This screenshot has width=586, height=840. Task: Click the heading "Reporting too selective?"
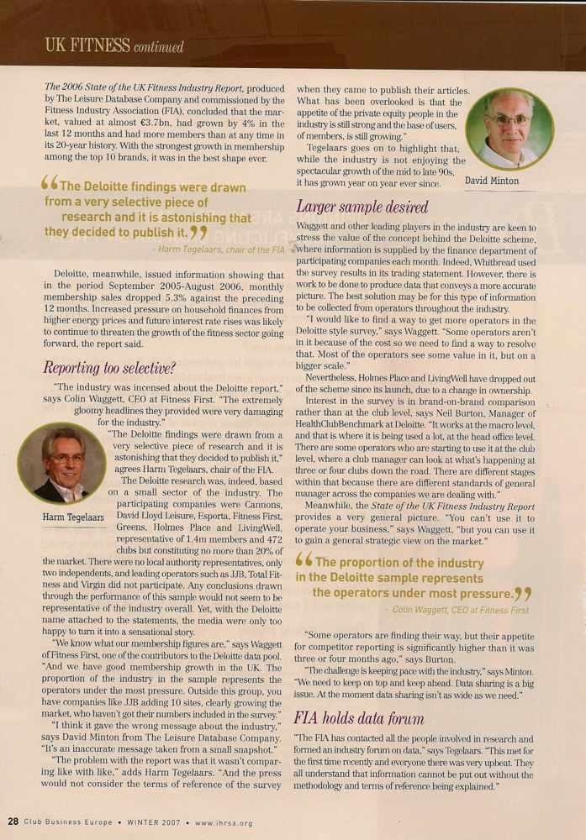click(109, 367)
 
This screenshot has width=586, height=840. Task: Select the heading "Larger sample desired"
click(362, 207)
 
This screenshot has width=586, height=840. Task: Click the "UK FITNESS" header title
click(87, 45)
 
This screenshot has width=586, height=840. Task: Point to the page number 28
click(13, 822)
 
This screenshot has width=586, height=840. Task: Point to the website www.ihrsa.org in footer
click(224, 823)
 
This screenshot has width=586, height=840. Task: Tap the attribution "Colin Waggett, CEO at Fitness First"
click(458, 609)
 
